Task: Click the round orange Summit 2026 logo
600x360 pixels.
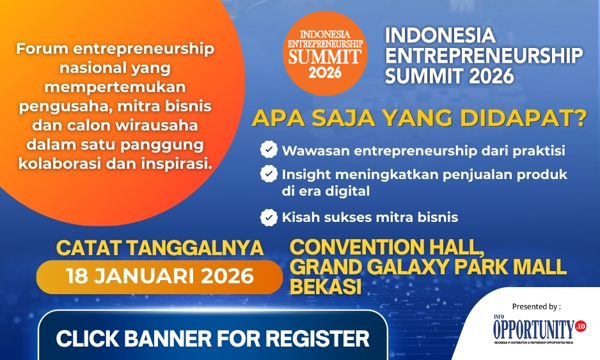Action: pyautogui.click(x=325, y=53)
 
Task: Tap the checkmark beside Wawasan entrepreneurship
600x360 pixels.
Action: pyautogui.click(x=269, y=149)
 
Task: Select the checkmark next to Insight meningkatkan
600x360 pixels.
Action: pyautogui.click(x=269, y=173)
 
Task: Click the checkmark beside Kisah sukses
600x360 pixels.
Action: pyautogui.click(x=269, y=217)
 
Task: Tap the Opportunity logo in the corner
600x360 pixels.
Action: pyautogui.click(x=539, y=329)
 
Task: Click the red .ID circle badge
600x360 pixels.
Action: pyautogui.click(x=580, y=326)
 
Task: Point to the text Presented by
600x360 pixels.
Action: pyautogui.click(x=537, y=306)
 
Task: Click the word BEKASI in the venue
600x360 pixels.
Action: pyautogui.click(x=326, y=287)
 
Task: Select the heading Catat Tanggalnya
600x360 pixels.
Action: pyautogui.click(x=159, y=248)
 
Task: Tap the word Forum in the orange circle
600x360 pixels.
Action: pyautogui.click(x=42, y=49)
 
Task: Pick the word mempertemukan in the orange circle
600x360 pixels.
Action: pyautogui.click(x=114, y=88)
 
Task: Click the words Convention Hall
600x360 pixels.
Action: pyautogui.click(x=388, y=247)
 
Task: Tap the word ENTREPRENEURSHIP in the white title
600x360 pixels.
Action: pyautogui.click(x=484, y=56)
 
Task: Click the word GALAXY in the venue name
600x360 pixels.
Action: pyautogui.click(x=408, y=267)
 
